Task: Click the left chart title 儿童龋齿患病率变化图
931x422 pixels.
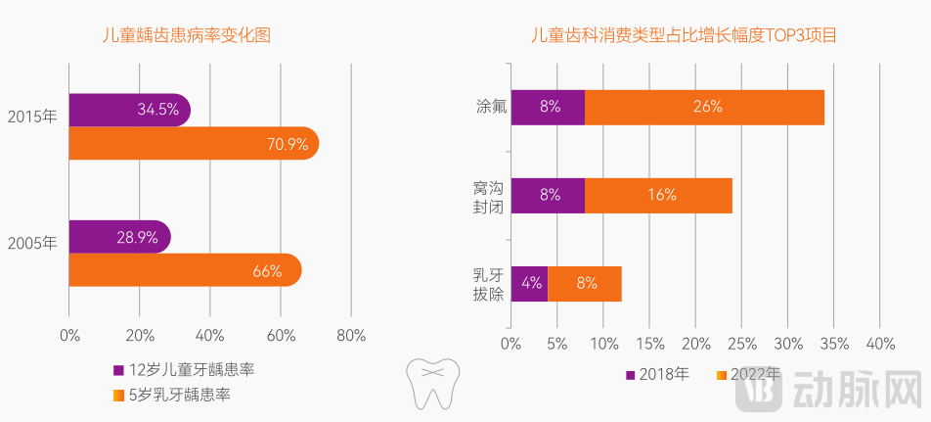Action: pos(187,35)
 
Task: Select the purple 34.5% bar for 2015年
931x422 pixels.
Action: pos(129,110)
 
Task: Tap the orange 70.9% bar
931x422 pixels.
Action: pos(193,144)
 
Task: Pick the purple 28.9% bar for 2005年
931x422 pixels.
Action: pos(119,237)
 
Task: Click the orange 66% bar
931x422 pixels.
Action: pos(185,271)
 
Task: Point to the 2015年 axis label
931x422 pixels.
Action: pos(32,117)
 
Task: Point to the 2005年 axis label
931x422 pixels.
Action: pos(32,244)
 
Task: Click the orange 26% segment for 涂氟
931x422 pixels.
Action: pos(705,107)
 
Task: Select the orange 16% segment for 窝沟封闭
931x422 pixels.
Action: pos(659,195)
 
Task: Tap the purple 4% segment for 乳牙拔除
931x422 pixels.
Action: pos(530,283)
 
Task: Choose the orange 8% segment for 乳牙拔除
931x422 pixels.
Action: pos(585,283)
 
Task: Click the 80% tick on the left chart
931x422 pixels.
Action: pos(351,336)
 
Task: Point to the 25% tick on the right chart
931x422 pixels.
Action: pos(741,344)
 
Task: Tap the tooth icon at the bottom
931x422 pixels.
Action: pos(431,383)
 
